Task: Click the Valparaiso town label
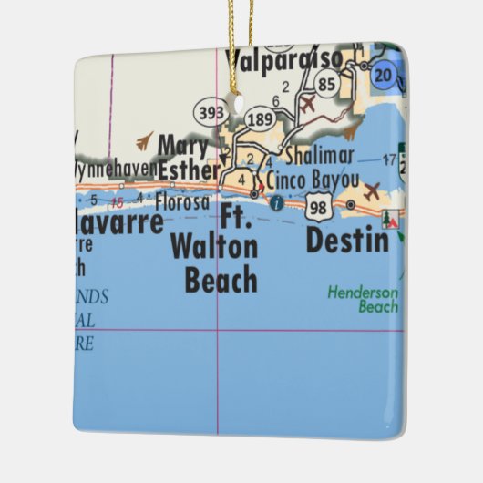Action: click(283, 60)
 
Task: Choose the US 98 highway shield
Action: click(318, 208)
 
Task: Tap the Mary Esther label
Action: click(188, 157)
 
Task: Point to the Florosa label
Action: click(181, 201)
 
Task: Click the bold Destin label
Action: click(347, 241)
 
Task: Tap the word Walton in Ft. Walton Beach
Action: click(213, 246)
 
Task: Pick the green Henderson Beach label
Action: click(364, 300)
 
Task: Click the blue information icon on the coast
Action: click(276, 204)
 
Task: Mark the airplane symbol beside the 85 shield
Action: click(308, 104)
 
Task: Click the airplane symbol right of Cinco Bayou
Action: click(372, 191)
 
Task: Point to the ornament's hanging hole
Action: click(240, 104)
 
